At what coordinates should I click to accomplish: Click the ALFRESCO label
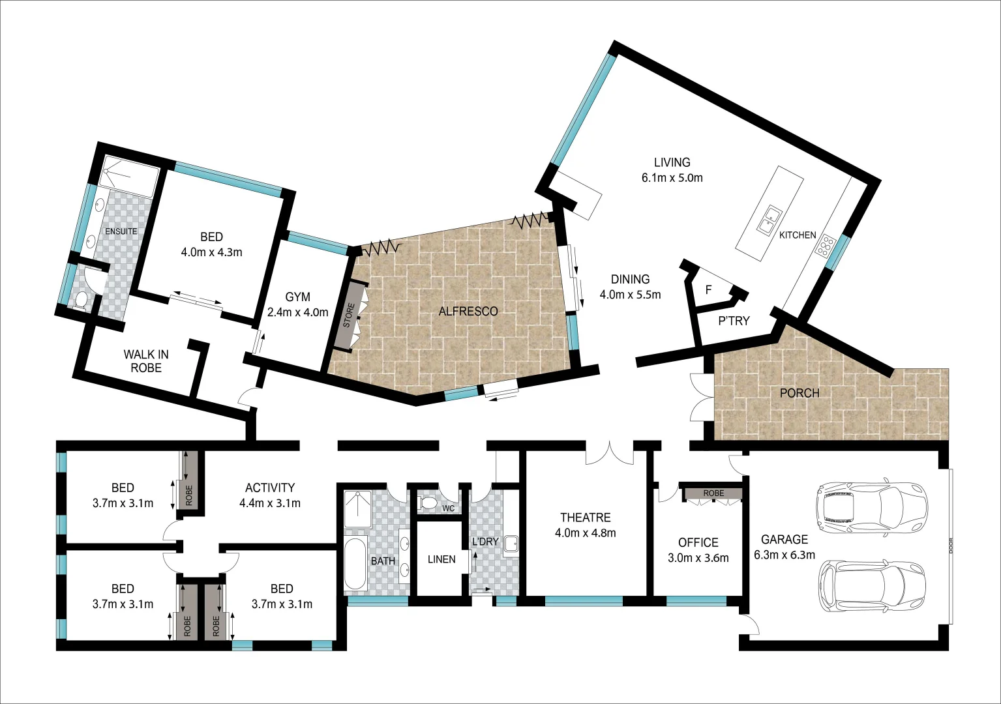pos(468,312)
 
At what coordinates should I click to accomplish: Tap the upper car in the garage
pos(871,505)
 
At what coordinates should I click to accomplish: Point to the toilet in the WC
pos(428,503)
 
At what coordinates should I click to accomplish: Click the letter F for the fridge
pos(709,290)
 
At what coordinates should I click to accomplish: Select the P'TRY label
pos(734,321)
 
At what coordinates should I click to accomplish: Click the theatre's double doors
pos(609,454)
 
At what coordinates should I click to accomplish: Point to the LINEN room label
pos(441,559)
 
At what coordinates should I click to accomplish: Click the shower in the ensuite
pos(130,176)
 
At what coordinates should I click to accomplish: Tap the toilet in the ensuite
pos(82,300)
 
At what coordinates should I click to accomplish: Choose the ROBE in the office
pos(713,493)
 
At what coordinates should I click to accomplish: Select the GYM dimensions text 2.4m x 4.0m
pos(297,312)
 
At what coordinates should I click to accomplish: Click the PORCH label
pos(799,393)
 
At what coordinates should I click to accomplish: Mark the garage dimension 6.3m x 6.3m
pos(784,555)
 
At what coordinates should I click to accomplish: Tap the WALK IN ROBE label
pos(146,361)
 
